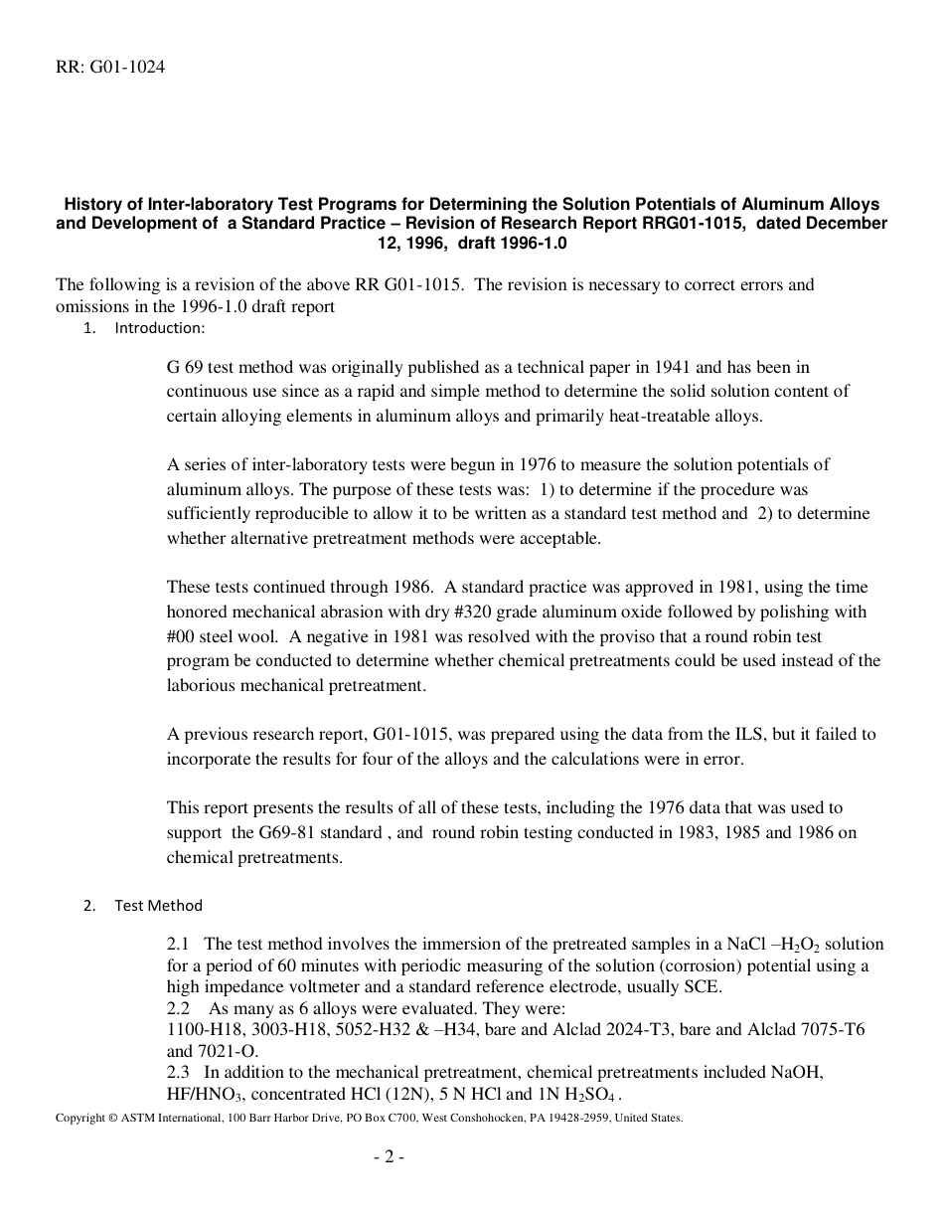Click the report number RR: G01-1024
pos(110,68)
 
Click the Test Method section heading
pos(158,905)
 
